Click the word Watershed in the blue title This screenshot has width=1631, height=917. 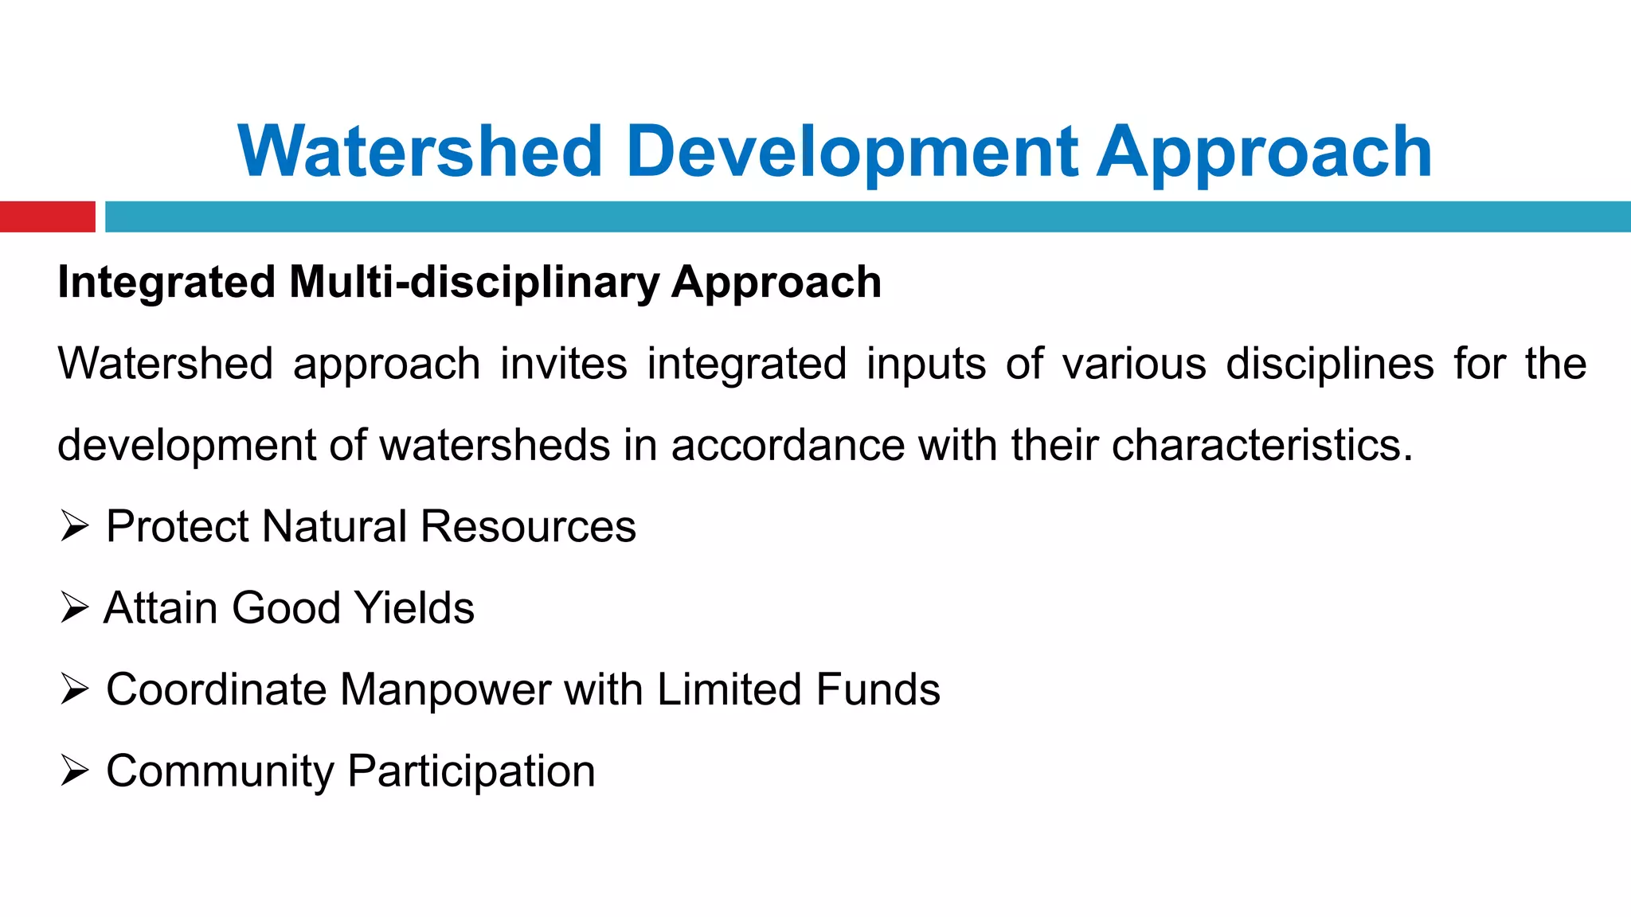(x=420, y=151)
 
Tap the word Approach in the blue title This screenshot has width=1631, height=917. (x=1265, y=151)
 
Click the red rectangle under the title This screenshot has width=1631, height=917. (x=47, y=217)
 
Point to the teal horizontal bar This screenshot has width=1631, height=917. (x=868, y=217)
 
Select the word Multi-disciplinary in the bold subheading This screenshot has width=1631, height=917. (x=474, y=283)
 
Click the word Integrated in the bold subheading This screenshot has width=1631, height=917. (x=166, y=283)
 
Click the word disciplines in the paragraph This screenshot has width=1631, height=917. (x=1329, y=364)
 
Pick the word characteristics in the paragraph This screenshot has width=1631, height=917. (x=1261, y=445)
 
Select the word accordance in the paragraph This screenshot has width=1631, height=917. (x=788, y=445)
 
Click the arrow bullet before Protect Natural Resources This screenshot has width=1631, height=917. (x=74, y=527)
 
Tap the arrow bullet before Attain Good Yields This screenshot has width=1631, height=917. (x=74, y=608)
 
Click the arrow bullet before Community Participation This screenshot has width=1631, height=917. (x=74, y=771)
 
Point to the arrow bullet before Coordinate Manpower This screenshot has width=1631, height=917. (x=74, y=689)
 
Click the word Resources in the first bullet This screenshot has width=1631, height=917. (x=528, y=527)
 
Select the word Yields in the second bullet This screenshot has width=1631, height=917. (x=414, y=608)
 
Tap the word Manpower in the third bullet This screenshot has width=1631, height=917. (x=444, y=689)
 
